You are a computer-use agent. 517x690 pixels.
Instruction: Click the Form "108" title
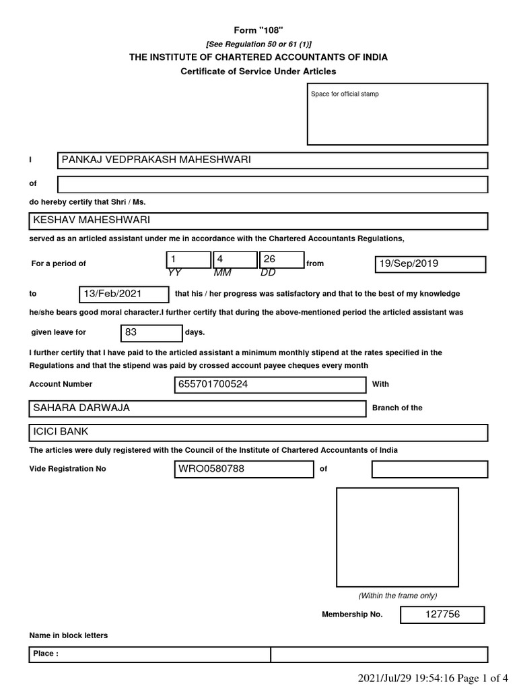[258, 30]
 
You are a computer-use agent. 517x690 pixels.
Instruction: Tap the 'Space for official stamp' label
[345, 94]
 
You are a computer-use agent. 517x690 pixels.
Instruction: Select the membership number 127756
[442, 615]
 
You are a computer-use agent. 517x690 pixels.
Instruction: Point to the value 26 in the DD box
[270, 259]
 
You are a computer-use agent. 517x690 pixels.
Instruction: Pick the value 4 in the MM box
[220, 259]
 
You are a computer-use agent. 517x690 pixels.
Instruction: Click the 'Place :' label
[46, 654]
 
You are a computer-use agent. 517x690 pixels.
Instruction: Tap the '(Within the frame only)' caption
[397, 596]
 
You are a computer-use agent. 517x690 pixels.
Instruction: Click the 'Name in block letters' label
[69, 635]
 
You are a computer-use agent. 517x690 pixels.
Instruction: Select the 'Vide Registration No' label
[67, 469]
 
